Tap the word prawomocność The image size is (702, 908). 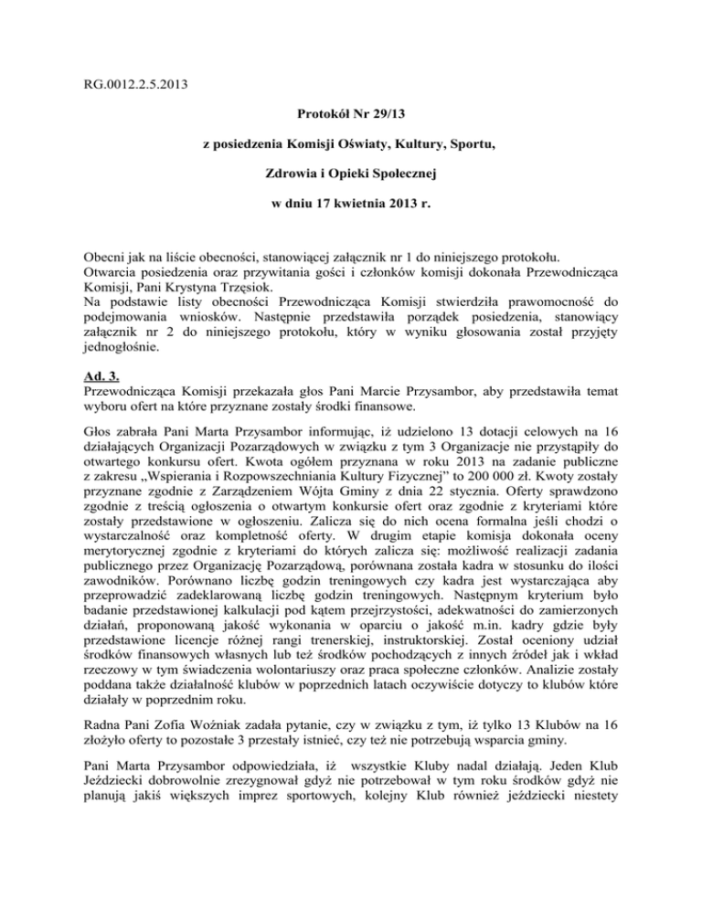click(x=535, y=299)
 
